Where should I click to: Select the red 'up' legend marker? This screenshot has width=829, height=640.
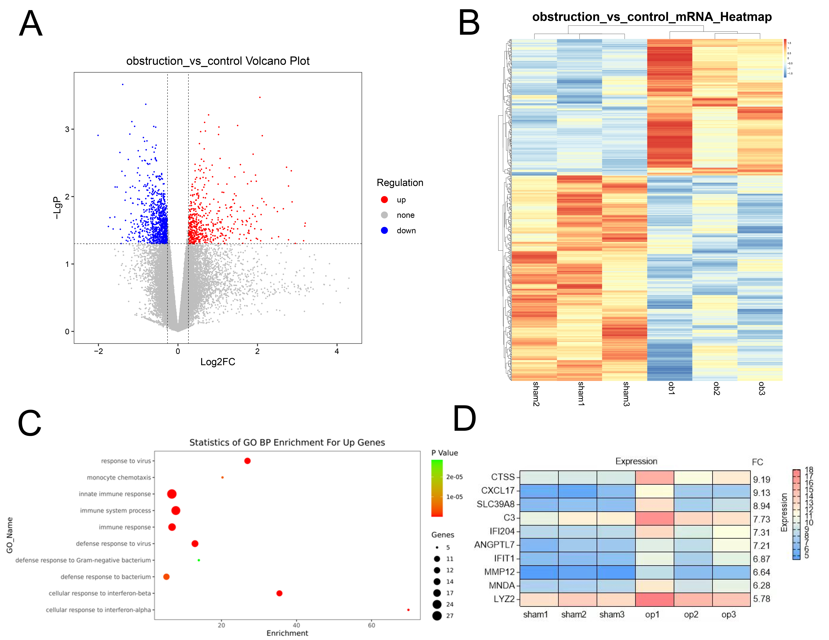[384, 200]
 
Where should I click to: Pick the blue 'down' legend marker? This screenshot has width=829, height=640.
[384, 230]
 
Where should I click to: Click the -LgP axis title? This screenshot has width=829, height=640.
[57, 208]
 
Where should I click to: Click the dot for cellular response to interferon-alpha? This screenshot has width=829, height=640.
[408, 610]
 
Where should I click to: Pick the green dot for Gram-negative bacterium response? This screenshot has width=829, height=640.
[199, 560]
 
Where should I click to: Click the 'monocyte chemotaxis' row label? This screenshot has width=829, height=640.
[119, 478]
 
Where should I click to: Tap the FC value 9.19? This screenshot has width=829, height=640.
[761, 479]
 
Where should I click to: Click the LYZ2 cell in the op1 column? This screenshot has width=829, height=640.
[654, 599]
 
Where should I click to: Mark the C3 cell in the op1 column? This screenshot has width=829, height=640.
[654, 518]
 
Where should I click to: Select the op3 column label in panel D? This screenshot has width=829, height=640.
[728, 614]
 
